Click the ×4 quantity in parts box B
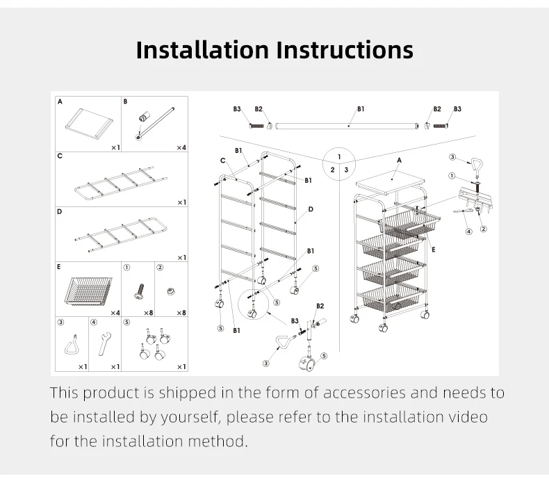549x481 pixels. coord(181,147)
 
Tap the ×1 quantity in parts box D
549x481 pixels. coord(181,257)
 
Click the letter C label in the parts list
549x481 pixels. coord(61,156)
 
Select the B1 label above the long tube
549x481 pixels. coord(361,109)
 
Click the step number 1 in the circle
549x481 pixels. coord(339,156)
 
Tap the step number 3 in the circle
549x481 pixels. coord(346,169)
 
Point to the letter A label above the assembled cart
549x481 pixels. coord(399,161)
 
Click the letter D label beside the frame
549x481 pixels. coord(310,209)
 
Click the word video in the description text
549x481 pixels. coord(466,417)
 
